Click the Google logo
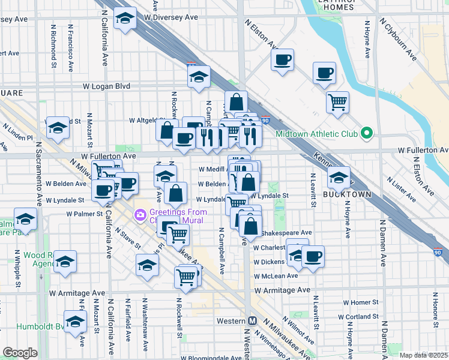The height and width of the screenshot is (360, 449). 20,353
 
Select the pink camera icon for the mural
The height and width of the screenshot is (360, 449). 139,214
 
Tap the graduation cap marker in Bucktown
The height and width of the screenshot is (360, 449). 339,177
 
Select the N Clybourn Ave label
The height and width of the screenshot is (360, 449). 399,40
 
